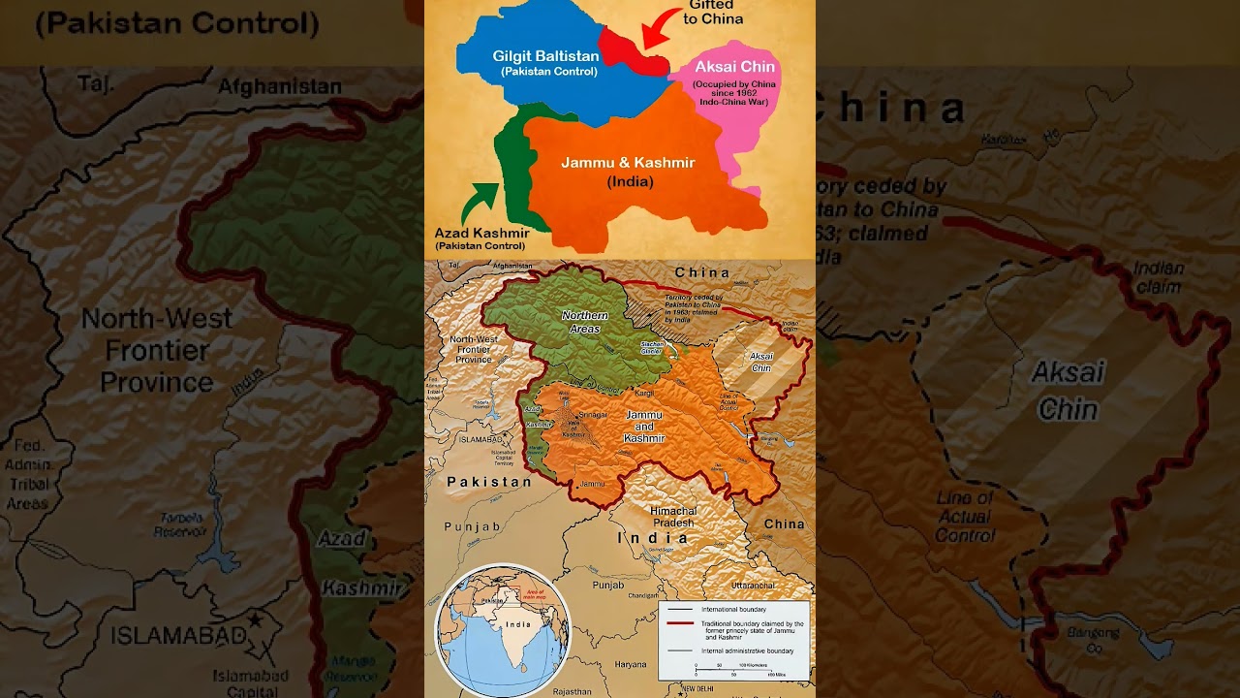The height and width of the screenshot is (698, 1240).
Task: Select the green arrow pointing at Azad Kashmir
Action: pos(479,203)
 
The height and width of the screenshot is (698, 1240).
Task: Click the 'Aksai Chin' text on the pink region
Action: pos(734,67)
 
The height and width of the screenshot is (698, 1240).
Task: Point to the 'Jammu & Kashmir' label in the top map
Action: pos(628,163)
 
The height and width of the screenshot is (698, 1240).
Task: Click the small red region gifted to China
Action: pos(630,51)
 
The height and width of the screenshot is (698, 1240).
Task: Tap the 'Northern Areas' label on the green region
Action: pos(584,322)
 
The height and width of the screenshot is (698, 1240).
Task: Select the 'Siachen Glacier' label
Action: pos(651,347)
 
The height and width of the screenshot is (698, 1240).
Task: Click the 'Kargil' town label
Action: pos(645,392)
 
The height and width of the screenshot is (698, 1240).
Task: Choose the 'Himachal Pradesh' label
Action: pos(672,517)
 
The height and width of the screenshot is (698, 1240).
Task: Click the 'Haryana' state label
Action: pos(631,664)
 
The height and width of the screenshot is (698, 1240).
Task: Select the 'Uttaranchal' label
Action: pos(754,586)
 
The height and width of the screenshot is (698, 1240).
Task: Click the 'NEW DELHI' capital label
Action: pos(700,688)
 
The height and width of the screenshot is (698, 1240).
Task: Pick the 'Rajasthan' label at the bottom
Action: pos(572,691)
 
